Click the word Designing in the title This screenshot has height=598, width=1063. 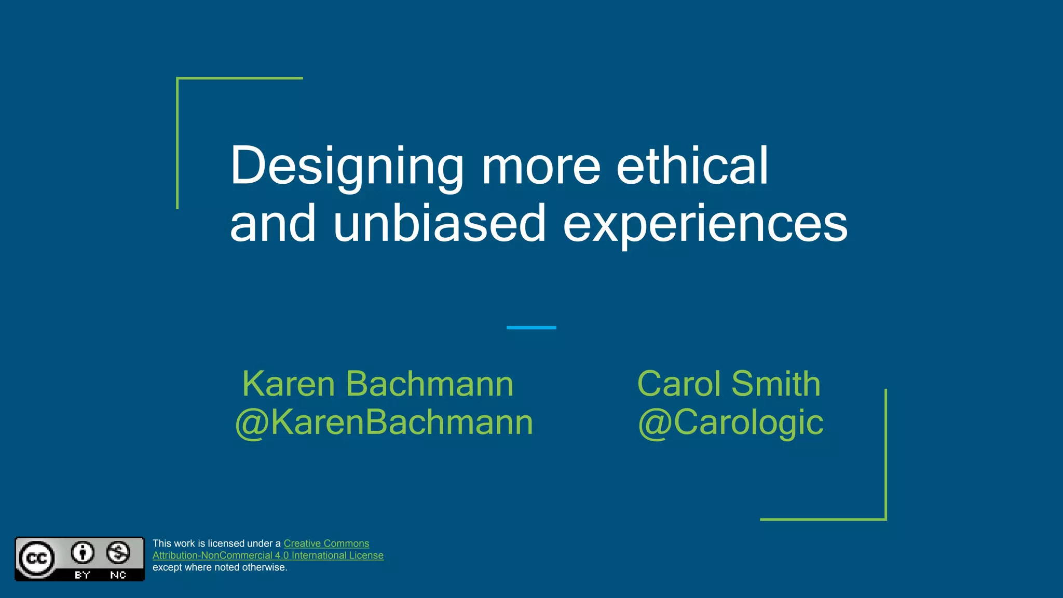pyautogui.click(x=346, y=167)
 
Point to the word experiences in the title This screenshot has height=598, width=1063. pyautogui.click(x=705, y=224)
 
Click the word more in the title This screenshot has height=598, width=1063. pyautogui.click(x=540, y=167)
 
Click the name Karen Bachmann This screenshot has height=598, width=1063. pyautogui.click(x=378, y=384)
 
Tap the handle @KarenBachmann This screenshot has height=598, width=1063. pyautogui.click(x=384, y=422)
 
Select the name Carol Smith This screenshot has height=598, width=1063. pyautogui.click(x=729, y=384)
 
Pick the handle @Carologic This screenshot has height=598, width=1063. pyautogui.click(x=730, y=422)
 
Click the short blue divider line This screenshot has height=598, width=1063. pyautogui.click(x=531, y=328)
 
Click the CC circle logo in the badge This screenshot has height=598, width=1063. pyautogui.click(x=36, y=558)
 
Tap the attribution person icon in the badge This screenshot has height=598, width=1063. pyautogui.click(x=83, y=552)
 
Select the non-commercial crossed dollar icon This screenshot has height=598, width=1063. pyautogui.click(x=118, y=552)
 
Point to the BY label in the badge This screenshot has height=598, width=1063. pyautogui.click(x=83, y=575)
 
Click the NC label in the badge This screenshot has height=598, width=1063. pyautogui.click(x=118, y=575)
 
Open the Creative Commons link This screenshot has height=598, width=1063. pyautogui.click(x=326, y=543)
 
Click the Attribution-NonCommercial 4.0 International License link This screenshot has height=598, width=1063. pyautogui.click(x=268, y=555)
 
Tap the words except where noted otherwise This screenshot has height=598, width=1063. pyautogui.click(x=220, y=567)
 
